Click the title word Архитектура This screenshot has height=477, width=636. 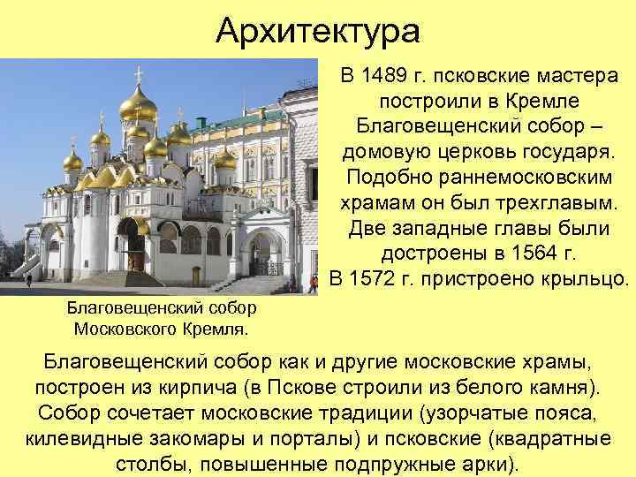(318, 33)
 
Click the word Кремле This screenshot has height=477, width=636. (523, 102)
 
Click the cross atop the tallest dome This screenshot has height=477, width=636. (138, 73)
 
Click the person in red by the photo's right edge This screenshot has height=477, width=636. (313, 283)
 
